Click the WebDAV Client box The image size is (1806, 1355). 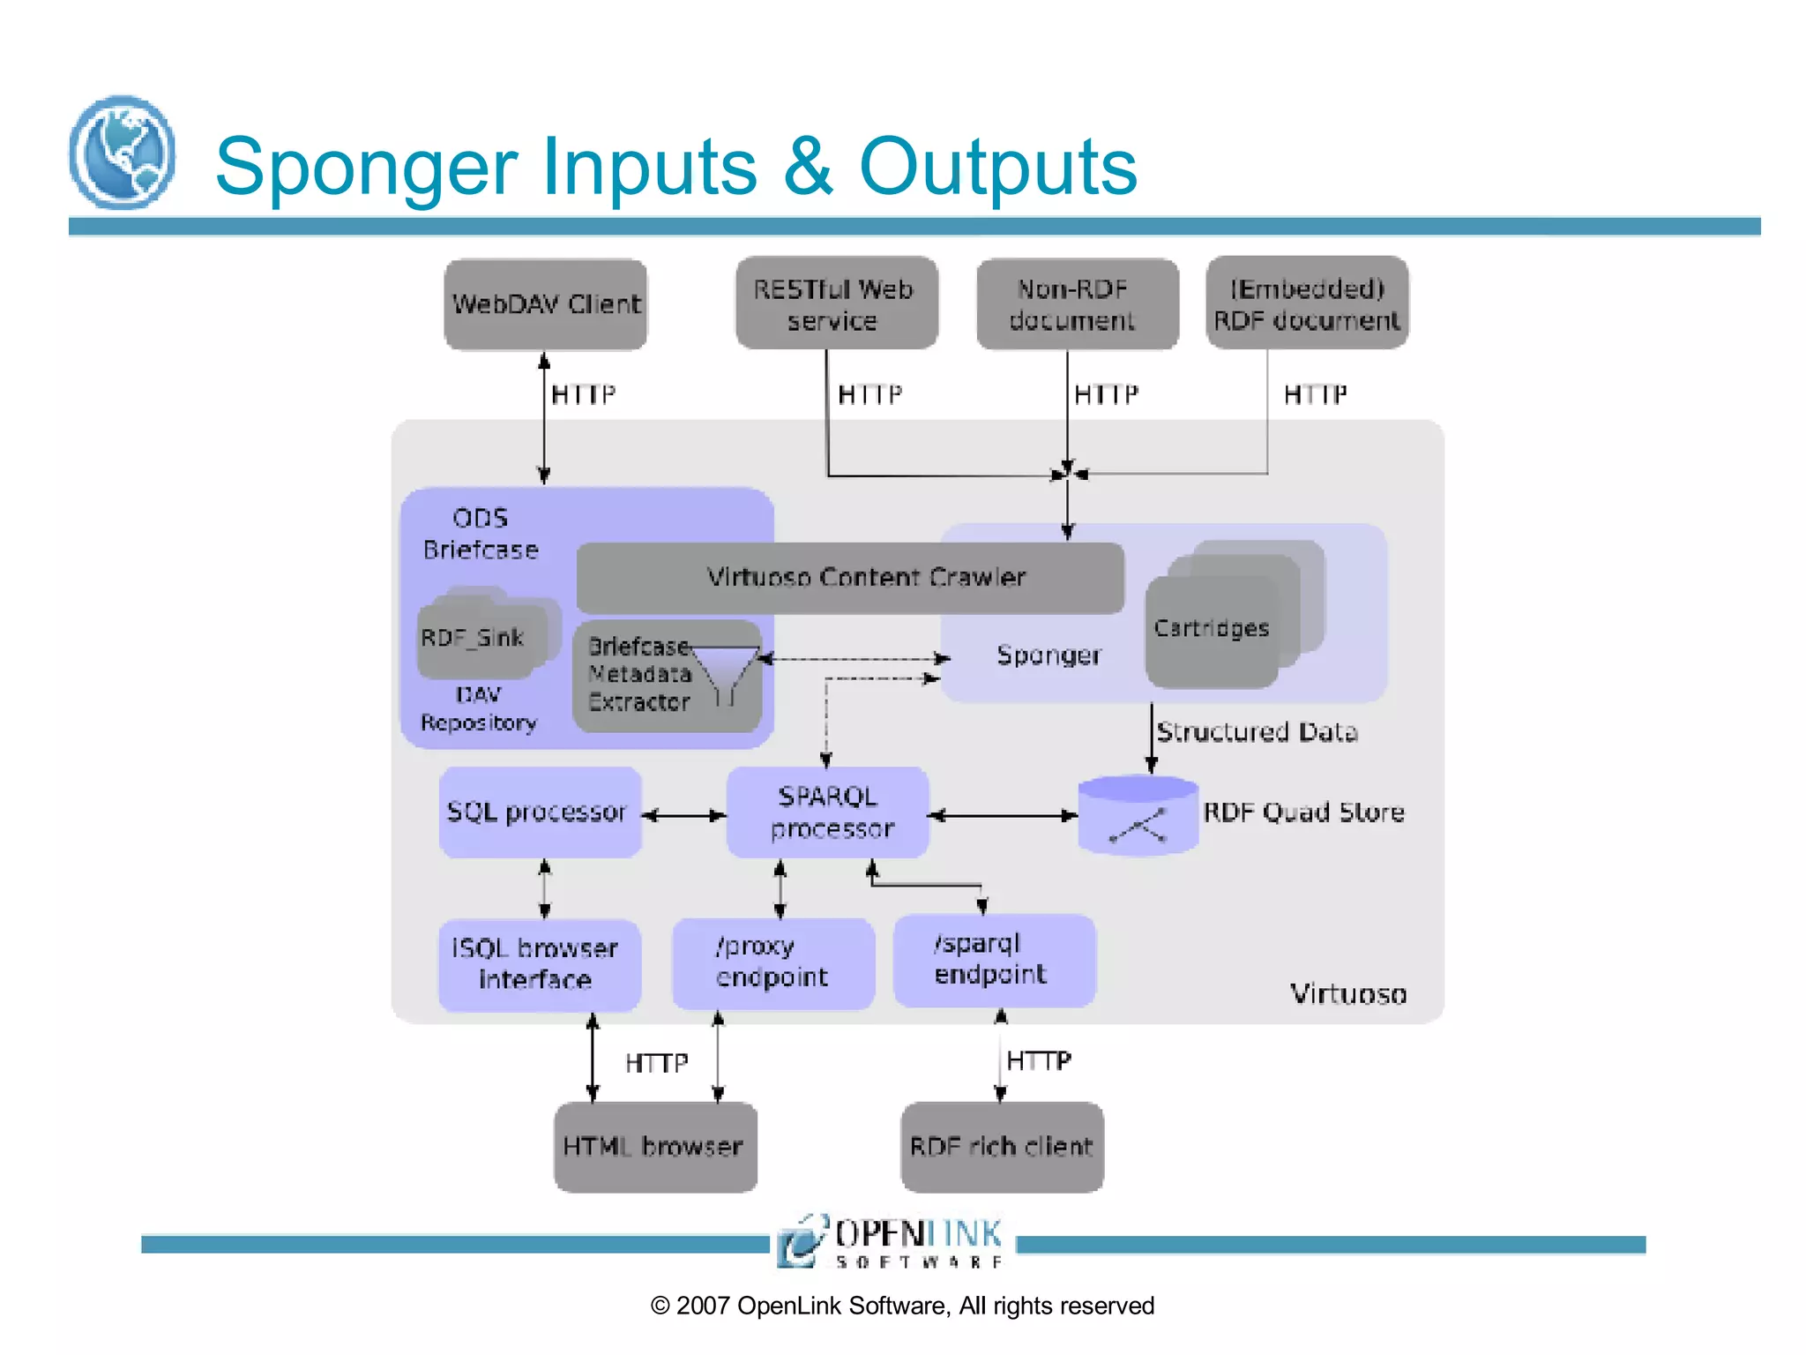click(545, 304)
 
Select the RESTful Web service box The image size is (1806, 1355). click(835, 304)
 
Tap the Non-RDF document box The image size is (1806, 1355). click(1077, 304)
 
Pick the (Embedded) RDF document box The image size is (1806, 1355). click(1306, 303)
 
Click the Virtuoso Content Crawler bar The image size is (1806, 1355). click(850, 578)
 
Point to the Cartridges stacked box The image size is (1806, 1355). click(1212, 630)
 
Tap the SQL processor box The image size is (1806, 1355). click(539, 812)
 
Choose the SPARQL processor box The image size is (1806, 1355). click(827, 812)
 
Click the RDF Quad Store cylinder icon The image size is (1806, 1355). click(1138, 816)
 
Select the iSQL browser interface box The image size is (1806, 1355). click(539, 964)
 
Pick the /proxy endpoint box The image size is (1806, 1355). click(772, 962)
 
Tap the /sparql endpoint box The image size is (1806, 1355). click(994, 960)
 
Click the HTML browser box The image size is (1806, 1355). click(654, 1147)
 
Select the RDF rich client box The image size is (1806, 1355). click(1002, 1147)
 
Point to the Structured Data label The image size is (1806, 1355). click(1257, 732)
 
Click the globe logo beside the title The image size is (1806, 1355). click(122, 153)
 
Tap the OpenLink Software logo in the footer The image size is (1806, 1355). click(891, 1242)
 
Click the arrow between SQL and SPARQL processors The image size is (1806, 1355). click(684, 816)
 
